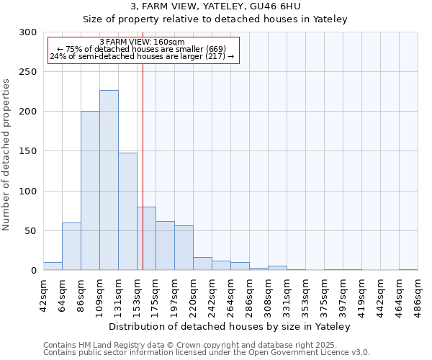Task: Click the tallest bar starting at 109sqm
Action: [109, 180]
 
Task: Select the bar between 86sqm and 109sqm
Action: [90, 191]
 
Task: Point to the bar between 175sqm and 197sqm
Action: [165, 246]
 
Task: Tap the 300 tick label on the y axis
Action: [28, 33]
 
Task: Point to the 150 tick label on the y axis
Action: [28, 152]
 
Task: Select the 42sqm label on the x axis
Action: [43, 292]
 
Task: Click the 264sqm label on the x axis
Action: [230, 292]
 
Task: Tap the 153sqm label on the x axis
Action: [137, 292]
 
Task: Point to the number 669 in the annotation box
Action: [215, 48]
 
